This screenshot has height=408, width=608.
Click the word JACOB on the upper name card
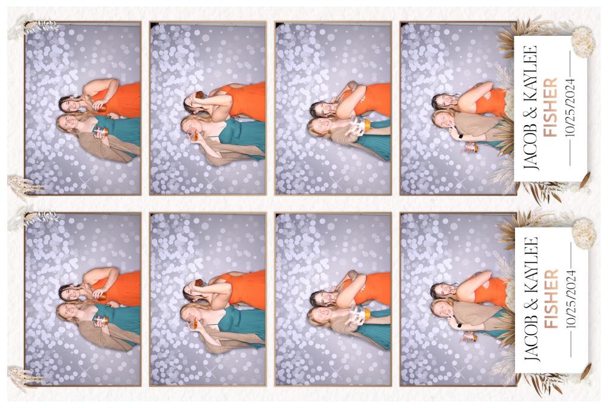click(x=530, y=150)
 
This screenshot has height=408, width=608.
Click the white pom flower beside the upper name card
click(x=583, y=42)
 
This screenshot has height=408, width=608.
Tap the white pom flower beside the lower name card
click(x=584, y=233)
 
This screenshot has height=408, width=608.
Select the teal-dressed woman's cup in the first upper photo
click(x=100, y=132)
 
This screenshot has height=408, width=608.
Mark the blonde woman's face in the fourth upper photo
click(x=443, y=120)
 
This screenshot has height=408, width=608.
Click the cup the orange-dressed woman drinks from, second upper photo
click(x=199, y=95)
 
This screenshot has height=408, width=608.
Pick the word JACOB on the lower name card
click(x=530, y=341)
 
